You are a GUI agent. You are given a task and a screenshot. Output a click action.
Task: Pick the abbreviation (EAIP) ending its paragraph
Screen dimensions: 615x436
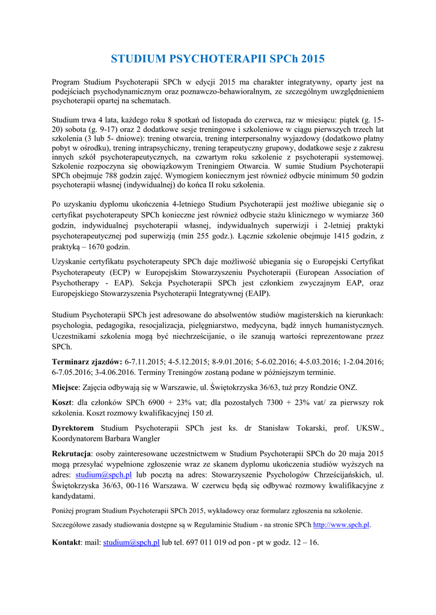pyautogui.click(x=257, y=294)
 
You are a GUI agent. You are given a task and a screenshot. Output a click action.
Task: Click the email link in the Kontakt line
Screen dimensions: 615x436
pyautogui.click(x=131, y=542)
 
